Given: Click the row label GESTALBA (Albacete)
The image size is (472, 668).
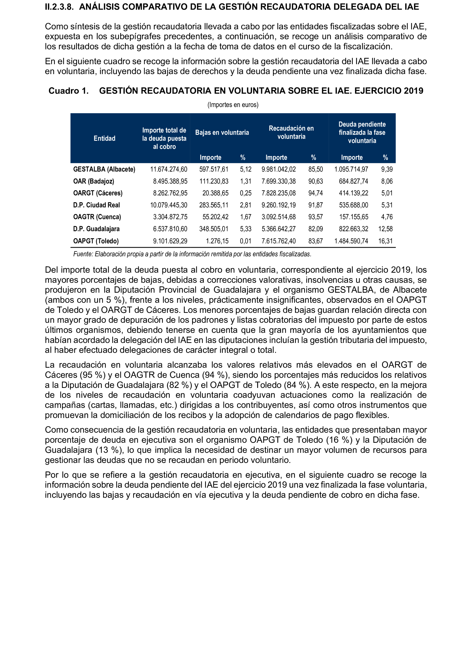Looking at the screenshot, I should [104, 169].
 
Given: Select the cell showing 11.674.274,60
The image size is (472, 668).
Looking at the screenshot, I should [169, 169].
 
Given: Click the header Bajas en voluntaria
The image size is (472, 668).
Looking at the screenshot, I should [222, 133].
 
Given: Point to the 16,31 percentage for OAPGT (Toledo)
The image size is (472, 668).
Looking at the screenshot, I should [385, 241].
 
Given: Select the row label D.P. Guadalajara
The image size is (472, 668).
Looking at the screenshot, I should [96, 229].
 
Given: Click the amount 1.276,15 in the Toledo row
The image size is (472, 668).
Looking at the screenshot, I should [217, 241].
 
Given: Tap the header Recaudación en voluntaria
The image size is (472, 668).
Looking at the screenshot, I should [291, 133].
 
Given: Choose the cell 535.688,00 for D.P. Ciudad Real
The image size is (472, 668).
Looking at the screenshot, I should [353, 205].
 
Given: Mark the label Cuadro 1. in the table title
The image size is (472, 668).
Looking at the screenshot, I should [69, 91].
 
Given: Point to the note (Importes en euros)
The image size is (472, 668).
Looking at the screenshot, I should [233, 105].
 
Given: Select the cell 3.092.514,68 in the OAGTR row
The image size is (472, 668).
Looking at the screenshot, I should [278, 217].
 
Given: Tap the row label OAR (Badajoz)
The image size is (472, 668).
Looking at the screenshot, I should [94, 181].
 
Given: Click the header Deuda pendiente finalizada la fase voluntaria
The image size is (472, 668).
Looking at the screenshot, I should [362, 133].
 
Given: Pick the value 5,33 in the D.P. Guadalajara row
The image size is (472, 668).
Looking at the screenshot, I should [245, 229].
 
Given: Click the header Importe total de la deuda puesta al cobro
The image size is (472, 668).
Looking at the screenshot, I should [164, 139].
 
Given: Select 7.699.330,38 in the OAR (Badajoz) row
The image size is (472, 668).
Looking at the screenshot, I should [278, 181].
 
